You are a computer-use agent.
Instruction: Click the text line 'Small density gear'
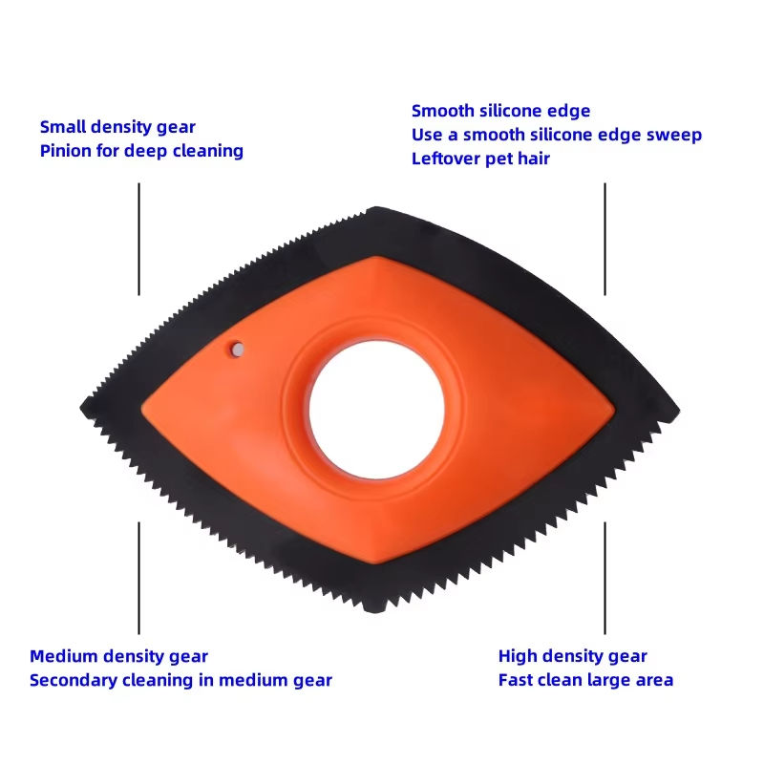117,127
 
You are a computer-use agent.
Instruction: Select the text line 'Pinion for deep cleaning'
141,151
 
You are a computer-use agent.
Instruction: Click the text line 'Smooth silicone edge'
500,111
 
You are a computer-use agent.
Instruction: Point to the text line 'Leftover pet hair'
480,159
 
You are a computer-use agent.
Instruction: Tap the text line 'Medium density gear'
118,656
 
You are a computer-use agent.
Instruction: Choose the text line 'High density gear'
572,656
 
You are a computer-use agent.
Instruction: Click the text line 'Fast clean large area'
585,680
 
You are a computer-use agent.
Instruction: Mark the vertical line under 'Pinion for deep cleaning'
139,239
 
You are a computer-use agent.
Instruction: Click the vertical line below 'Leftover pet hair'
605,239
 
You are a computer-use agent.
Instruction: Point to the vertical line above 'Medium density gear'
139,577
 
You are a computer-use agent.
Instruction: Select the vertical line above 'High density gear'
605,577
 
